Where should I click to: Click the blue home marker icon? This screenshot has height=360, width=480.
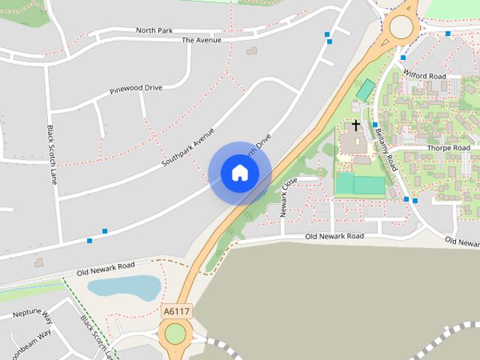click(240, 173)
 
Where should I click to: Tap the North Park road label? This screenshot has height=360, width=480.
click(154, 30)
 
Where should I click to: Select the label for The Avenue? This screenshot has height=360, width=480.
click(201, 40)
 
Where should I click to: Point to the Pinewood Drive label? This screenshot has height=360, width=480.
click(136, 88)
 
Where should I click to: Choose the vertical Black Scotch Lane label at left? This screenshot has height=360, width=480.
click(52, 154)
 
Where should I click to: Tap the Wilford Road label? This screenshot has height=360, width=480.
click(424, 76)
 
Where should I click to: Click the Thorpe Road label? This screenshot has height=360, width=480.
click(448, 148)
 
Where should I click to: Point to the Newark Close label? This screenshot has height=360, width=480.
click(289, 197)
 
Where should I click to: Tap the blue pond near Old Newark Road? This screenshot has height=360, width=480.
click(124, 287)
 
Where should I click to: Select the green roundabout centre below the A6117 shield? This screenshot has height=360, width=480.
click(175, 334)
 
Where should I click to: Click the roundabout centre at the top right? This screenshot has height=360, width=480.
click(401, 27)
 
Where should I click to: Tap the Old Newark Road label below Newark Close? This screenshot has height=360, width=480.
click(334, 236)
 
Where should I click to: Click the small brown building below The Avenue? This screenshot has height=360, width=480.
click(251, 51)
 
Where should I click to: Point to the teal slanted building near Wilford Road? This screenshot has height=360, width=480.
click(365, 90)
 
